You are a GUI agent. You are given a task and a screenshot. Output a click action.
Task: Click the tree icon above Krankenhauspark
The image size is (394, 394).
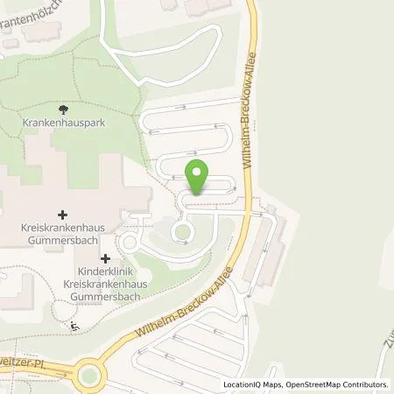[x=63, y=109]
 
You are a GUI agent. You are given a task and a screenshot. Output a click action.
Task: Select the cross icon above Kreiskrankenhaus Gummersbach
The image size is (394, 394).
[x=63, y=214]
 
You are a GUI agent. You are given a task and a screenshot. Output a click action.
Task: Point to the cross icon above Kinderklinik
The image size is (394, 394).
[x=105, y=258]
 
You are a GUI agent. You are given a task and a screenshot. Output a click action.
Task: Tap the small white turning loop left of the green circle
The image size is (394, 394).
[x=130, y=242]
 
